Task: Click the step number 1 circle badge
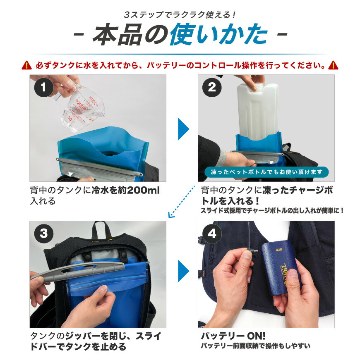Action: (x=43, y=88)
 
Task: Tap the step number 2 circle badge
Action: (x=211, y=88)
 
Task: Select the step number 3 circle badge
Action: (x=43, y=234)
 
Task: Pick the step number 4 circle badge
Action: (x=211, y=234)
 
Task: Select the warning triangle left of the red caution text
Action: (x=26, y=65)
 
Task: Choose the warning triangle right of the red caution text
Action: (x=333, y=65)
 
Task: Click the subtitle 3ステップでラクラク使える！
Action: (x=180, y=14)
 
